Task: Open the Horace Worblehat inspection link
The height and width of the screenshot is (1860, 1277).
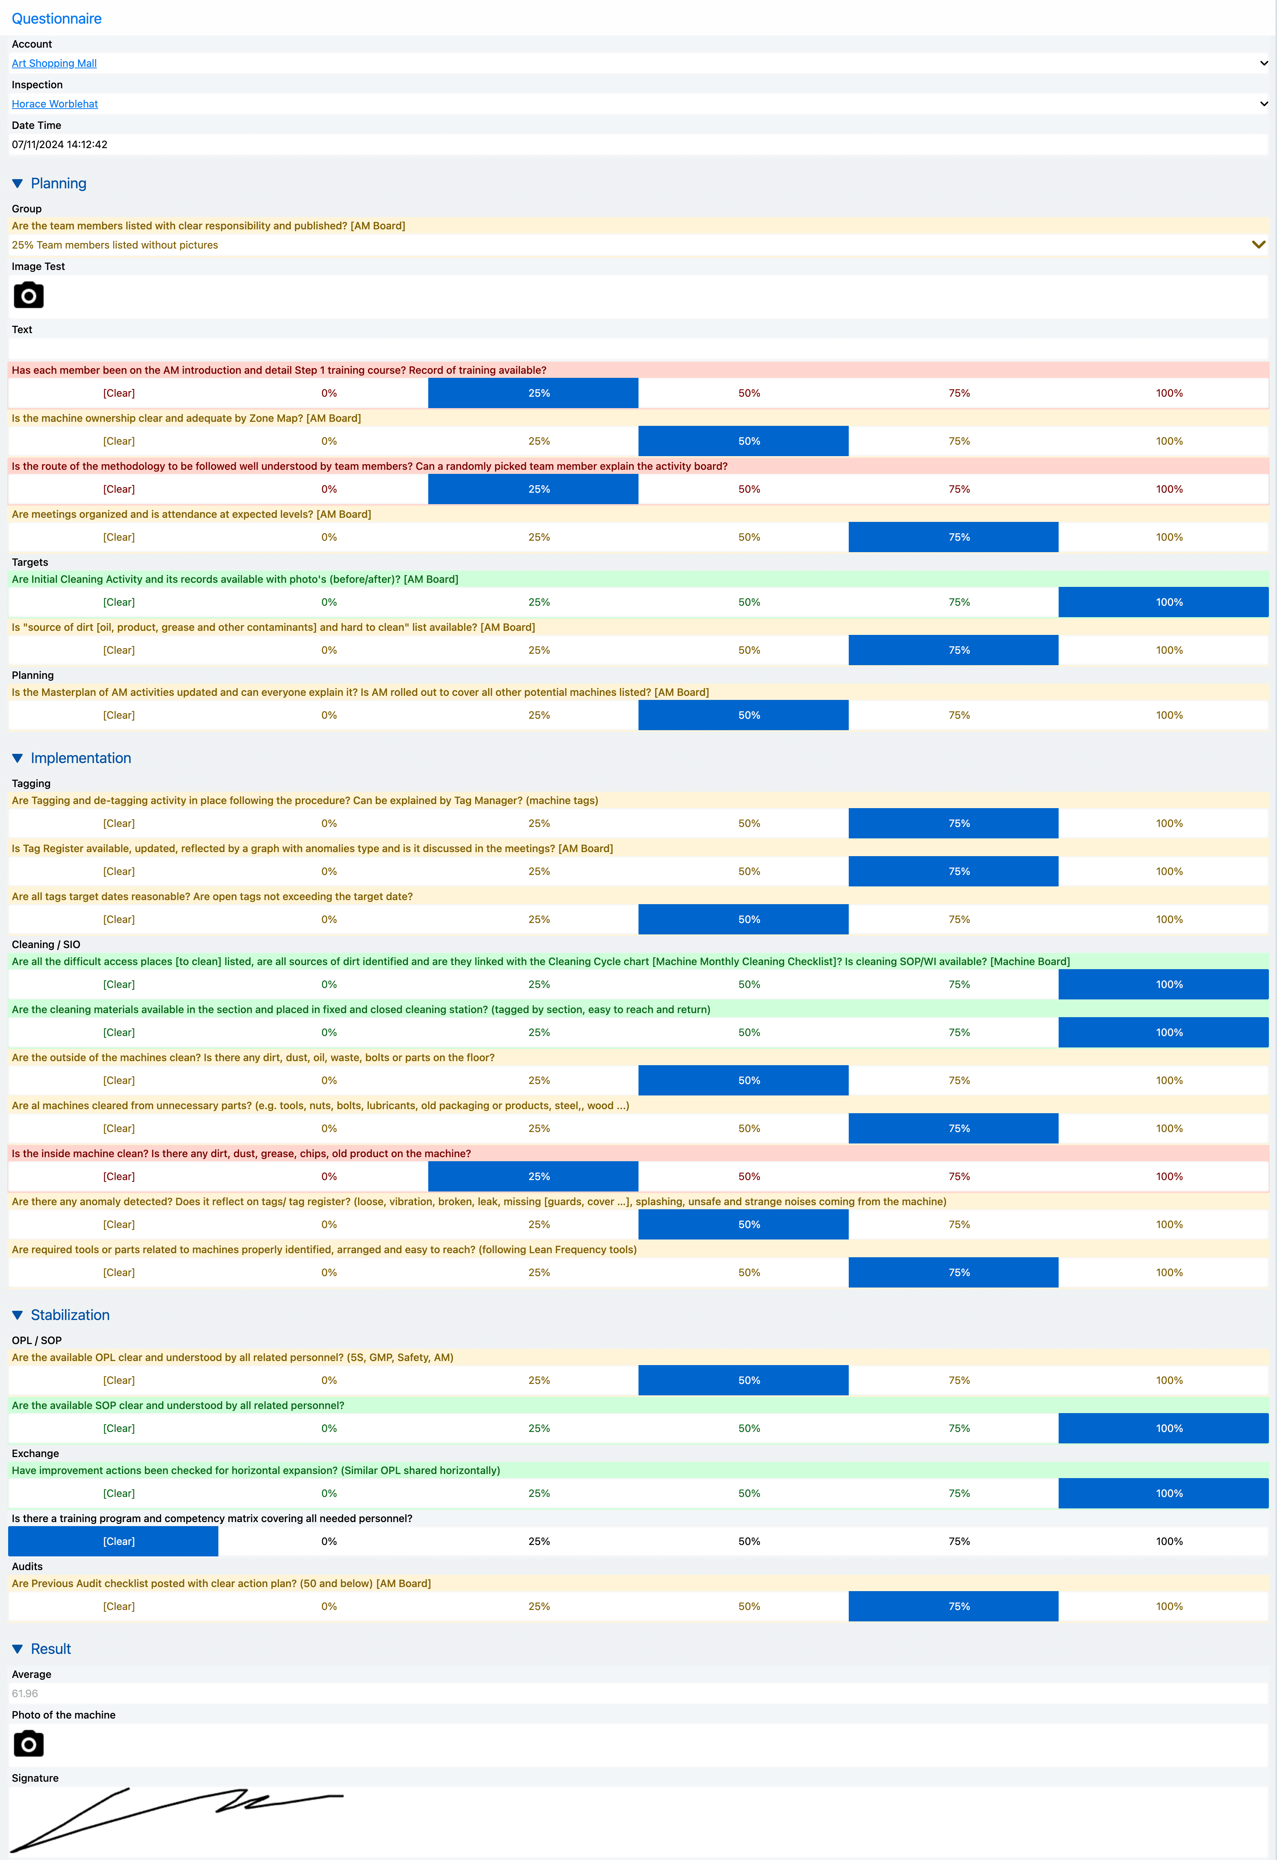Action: [x=54, y=104]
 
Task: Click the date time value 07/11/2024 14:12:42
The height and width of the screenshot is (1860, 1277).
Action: [x=59, y=145]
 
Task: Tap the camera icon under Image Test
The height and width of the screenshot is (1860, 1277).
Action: [x=29, y=295]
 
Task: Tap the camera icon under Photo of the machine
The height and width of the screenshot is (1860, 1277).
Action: [x=29, y=1744]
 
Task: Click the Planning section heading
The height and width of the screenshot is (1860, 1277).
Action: [x=58, y=183]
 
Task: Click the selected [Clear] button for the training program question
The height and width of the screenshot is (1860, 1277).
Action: [x=113, y=1542]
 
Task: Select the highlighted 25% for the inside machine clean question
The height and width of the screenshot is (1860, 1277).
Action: [x=533, y=1176]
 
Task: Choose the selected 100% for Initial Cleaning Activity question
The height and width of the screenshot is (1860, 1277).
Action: [x=1163, y=602]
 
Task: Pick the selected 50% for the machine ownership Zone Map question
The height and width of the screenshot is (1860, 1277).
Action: [x=743, y=441]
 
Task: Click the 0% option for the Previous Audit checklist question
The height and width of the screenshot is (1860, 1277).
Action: [x=329, y=1606]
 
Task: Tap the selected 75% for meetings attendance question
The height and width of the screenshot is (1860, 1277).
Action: [x=954, y=537]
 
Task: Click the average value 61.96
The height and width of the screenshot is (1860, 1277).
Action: [x=25, y=1693]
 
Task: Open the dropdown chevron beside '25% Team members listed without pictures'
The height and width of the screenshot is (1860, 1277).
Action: [x=1259, y=245]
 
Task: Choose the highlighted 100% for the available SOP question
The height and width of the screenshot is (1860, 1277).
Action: [x=1163, y=1429]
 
